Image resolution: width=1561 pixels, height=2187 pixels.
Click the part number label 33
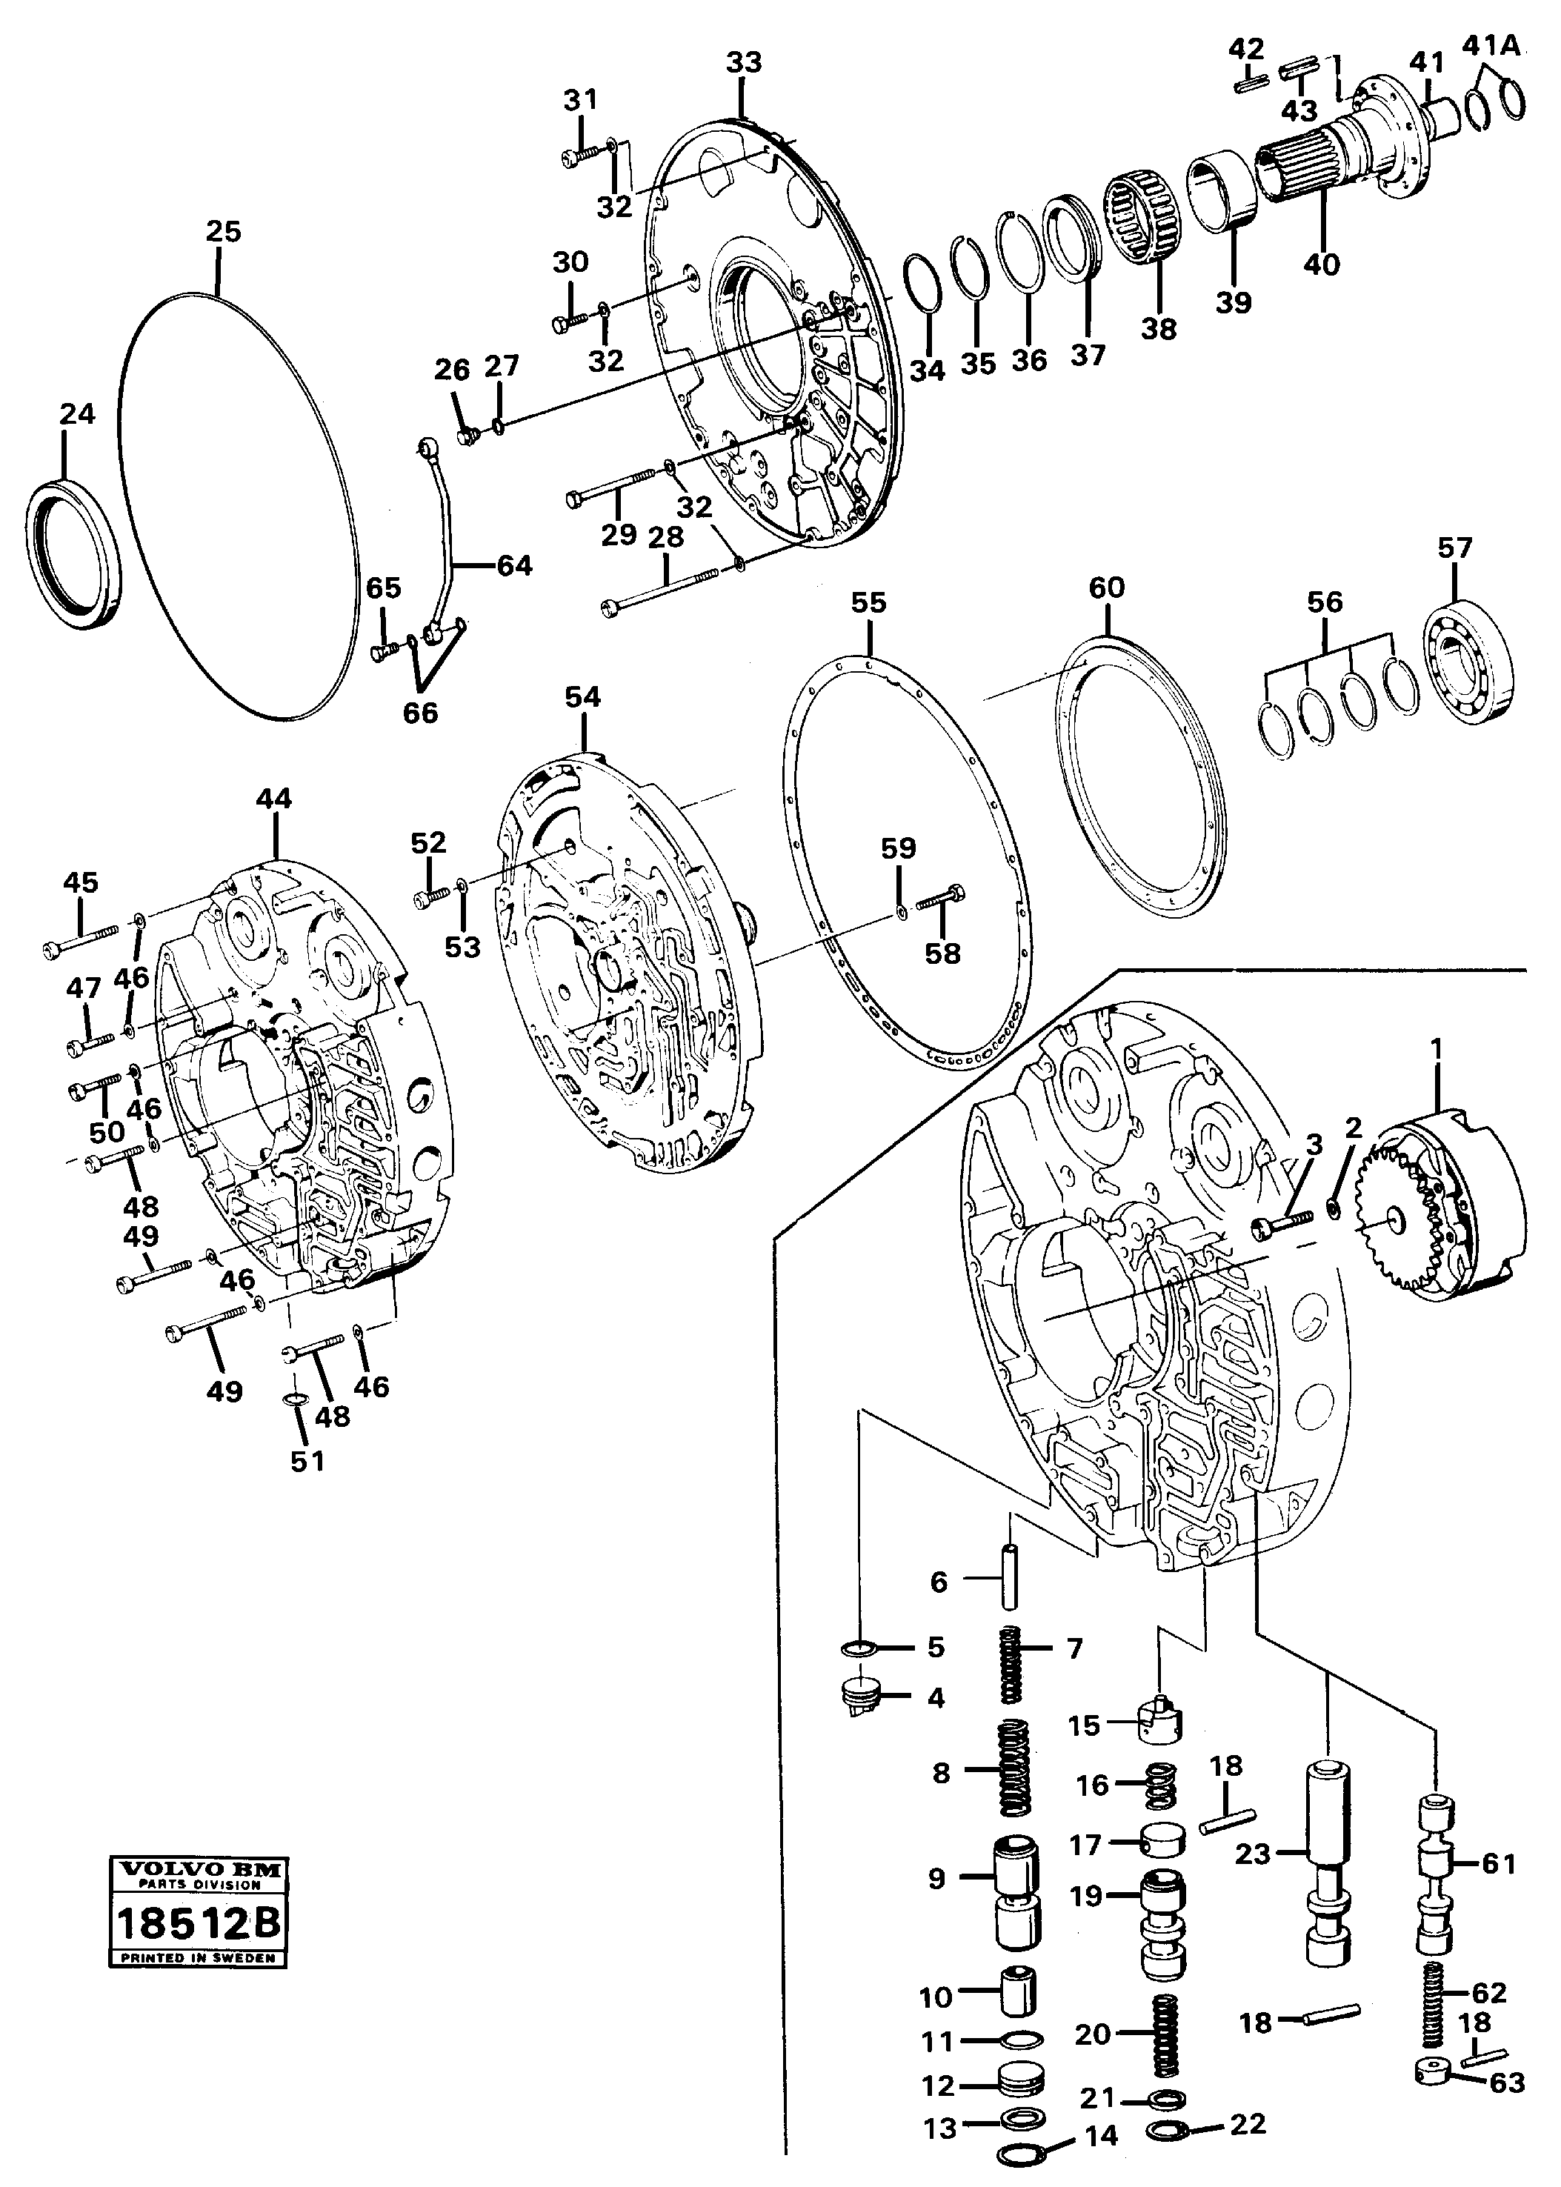[743, 62]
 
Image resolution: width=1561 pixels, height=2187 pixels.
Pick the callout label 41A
[1491, 45]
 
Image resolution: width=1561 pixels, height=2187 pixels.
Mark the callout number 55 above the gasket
[868, 603]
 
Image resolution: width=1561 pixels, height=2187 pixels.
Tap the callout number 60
[1106, 587]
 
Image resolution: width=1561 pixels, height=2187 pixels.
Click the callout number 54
[582, 697]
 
